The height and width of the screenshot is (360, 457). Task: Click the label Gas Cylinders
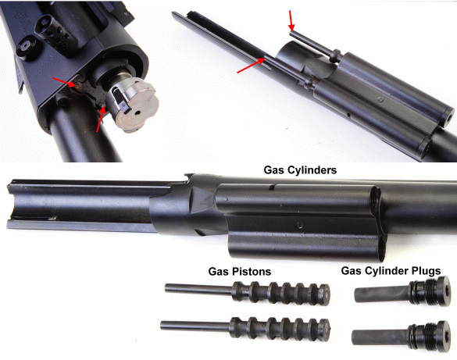(x=300, y=170)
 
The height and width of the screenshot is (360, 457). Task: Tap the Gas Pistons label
(x=240, y=272)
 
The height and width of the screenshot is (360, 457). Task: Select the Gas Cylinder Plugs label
(x=391, y=271)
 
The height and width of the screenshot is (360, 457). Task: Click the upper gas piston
(x=247, y=292)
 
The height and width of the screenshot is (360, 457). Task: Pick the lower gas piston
(x=245, y=328)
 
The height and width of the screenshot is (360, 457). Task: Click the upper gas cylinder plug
(x=402, y=292)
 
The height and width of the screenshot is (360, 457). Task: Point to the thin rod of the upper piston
(x=198, y=289)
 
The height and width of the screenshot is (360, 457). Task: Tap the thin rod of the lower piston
(x=195, y=326)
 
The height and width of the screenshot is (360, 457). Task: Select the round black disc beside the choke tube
(x=26, y=47)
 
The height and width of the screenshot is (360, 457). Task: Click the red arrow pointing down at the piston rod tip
(x=291, y=20)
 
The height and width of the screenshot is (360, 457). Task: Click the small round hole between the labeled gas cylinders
(x=299, y=224)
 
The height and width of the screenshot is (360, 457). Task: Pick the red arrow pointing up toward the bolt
(x=101, y=119)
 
